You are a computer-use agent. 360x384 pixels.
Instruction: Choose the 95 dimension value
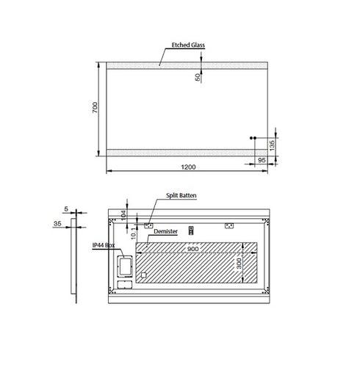(262, 159)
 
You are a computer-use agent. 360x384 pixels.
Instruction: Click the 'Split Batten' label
(180, 196)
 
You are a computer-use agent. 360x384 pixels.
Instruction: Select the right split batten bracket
(228, 225)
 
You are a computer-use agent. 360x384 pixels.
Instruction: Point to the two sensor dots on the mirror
(253, 137)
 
